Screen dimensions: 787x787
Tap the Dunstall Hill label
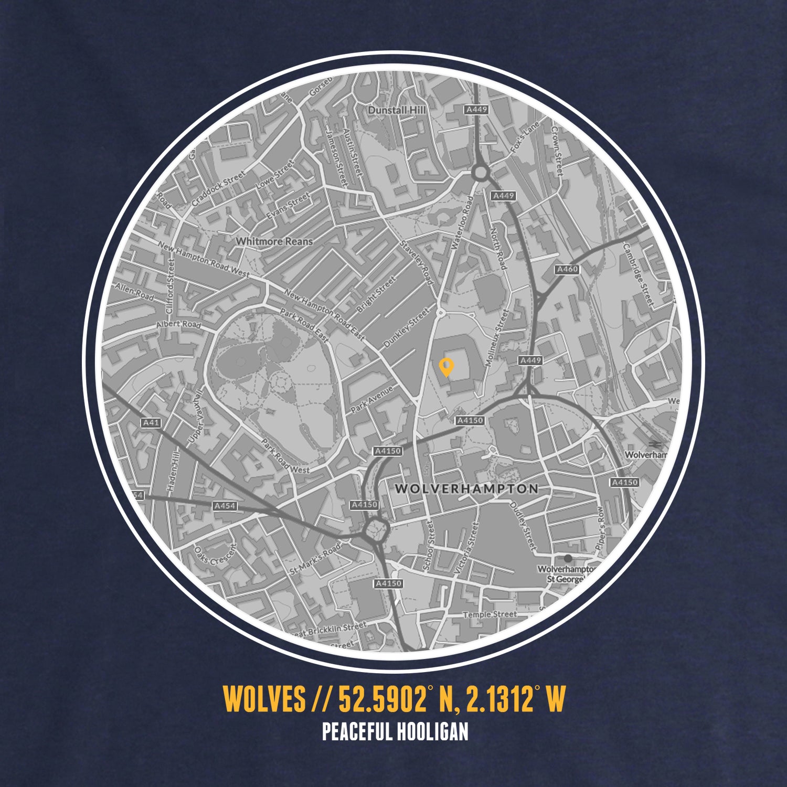click(397, 110)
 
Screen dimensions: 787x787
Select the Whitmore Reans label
click(274, 241)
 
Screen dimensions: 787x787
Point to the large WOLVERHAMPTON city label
click(466, 489)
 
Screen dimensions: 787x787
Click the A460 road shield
click(567, 269)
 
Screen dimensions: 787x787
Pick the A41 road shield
click(151, 422)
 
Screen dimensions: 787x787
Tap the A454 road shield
click(225, 506)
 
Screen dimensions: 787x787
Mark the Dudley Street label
click(523, 526)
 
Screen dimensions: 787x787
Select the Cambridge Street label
click(638, 273)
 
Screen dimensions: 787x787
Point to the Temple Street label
click(490, 614)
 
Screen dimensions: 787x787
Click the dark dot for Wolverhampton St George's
click(568, 558)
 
